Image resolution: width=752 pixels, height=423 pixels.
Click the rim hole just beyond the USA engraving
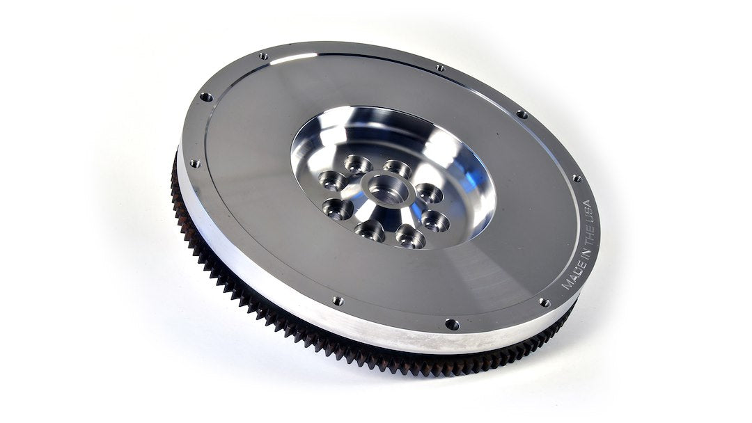(x=577, y=178)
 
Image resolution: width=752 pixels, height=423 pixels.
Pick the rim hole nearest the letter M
(x=545, y=302)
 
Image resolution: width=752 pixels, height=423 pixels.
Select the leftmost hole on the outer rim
(x=195, y=163)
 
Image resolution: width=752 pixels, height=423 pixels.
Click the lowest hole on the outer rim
(x=452, y=324)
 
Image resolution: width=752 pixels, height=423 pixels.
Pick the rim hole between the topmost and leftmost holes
(x=206, y=97)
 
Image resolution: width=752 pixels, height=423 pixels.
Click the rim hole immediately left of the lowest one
(x=338, y=301)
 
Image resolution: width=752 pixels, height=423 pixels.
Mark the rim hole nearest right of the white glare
(x=440, y=67)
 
